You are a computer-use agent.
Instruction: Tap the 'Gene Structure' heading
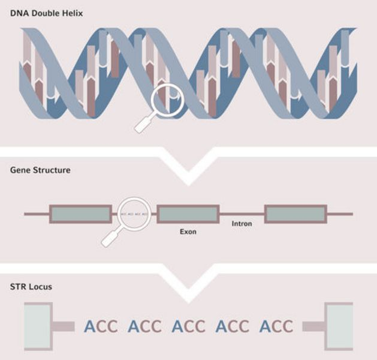coord(40,170)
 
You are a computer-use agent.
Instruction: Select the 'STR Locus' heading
coord(31,287)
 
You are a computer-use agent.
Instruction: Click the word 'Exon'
coord(188,231)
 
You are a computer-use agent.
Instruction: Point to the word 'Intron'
coord(242,224)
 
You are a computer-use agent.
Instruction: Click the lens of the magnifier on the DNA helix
coord(166,99)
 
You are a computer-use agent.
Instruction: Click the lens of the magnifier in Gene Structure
coord(134,214)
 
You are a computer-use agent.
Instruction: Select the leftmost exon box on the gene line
coord(80,214)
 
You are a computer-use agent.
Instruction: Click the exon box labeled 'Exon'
coord(188,214)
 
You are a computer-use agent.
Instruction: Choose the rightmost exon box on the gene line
coord(295,214)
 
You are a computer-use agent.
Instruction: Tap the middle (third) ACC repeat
coord(188,326)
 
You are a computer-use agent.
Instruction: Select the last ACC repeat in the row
coord(276,326)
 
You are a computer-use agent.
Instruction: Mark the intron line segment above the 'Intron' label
coord(242,214)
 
